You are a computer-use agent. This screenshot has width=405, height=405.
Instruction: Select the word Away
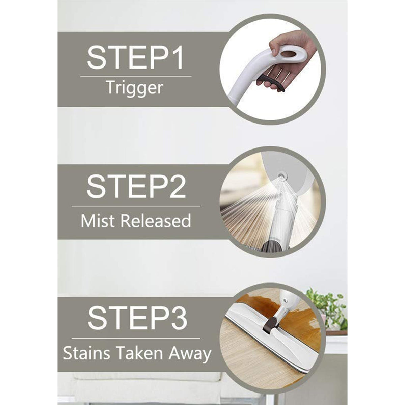pyautogui.click(x=191, y=354)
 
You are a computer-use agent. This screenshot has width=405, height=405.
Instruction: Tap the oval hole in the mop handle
pyautogui.click(x=290, y=54)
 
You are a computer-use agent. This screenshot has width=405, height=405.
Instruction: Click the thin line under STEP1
pyautogui.click(x=136, y=77)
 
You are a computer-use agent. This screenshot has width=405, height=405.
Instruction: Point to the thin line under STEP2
pyautogui.click(x=136, y=207)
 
